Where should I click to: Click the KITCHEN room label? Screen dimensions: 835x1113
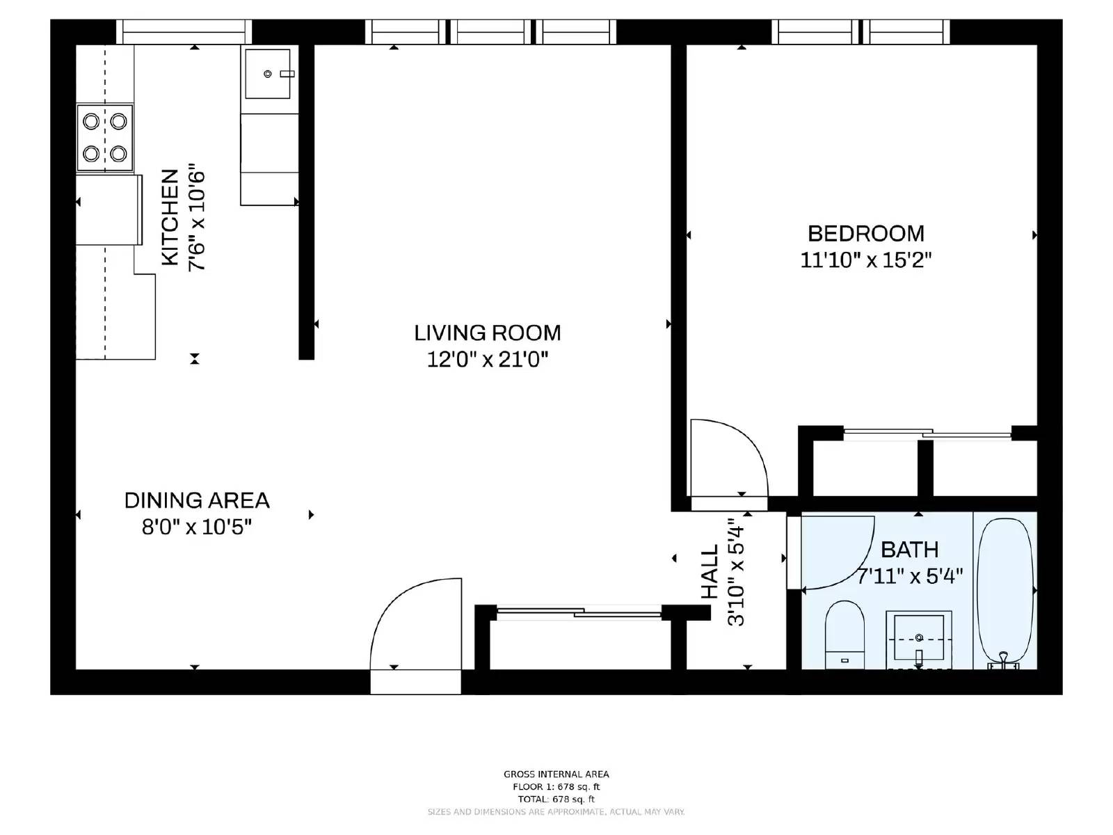click(170, 217)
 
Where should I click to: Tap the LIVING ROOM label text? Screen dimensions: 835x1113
click(487, 333)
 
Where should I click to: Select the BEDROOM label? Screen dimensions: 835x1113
click(865, 233)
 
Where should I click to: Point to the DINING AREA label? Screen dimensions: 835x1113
click(197, 500)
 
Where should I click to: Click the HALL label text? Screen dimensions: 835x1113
click(710, 572)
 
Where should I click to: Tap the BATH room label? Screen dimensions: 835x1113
click(909, 550)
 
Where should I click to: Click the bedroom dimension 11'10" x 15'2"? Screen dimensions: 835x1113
click(865, 260)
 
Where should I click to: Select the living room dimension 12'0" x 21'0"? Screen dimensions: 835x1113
click(487, 360)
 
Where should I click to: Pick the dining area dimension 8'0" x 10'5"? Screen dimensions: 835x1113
click(197, 527)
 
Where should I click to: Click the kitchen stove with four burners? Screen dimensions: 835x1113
click(104, 138)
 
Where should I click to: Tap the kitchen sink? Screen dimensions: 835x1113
click(268, 74)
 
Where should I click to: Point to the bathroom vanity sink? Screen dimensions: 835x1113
click(918, 637)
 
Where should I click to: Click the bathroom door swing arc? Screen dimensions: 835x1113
click(838, 553)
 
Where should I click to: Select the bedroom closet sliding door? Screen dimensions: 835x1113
click(927, 434)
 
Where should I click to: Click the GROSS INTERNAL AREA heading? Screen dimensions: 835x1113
click(556, 774)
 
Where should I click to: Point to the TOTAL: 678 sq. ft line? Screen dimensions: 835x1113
click(556, 800)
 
